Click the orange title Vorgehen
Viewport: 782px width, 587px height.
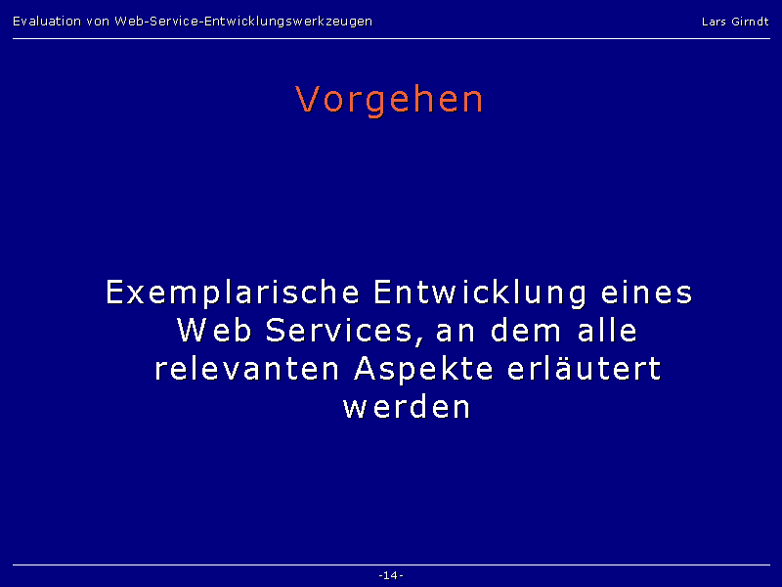click(389, 101)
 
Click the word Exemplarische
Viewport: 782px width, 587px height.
click(233, 293)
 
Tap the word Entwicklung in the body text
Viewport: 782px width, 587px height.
click(480, 293)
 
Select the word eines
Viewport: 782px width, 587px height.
click(647, 292)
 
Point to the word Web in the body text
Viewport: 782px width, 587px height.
click(214, 330)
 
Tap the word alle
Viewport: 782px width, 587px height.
click(607, 330)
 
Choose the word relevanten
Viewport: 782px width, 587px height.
click(247, 369)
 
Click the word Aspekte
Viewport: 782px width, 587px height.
click(423, 370)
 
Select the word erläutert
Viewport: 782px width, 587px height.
click(584, 369)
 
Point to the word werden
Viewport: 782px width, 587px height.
click(407, 406)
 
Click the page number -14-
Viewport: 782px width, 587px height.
click(391, 575)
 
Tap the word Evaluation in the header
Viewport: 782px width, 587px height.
click(47, 22)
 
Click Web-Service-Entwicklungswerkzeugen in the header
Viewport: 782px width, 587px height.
click(243, 22)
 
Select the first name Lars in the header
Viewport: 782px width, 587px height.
click(714, 22)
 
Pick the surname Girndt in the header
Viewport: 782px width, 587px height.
click(750, 22)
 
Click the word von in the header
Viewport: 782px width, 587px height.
click(98, 23)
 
